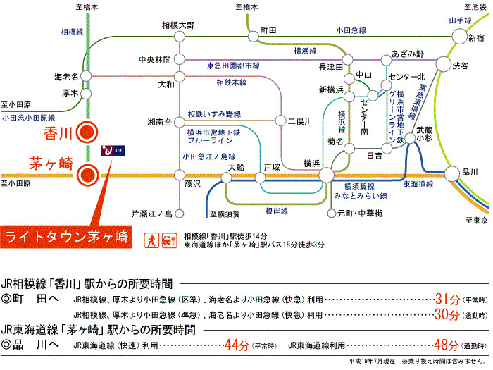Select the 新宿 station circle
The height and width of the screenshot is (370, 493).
coord(460,37)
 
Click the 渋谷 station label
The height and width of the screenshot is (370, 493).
coord(461,65)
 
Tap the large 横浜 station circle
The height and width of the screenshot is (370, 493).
coord(325,173)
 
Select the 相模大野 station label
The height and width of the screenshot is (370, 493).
coord(178,25)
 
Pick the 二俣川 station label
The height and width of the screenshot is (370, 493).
coord(299,121)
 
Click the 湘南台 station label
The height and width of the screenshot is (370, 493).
coord(160,121)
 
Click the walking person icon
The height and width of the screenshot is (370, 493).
coord(151,240)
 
